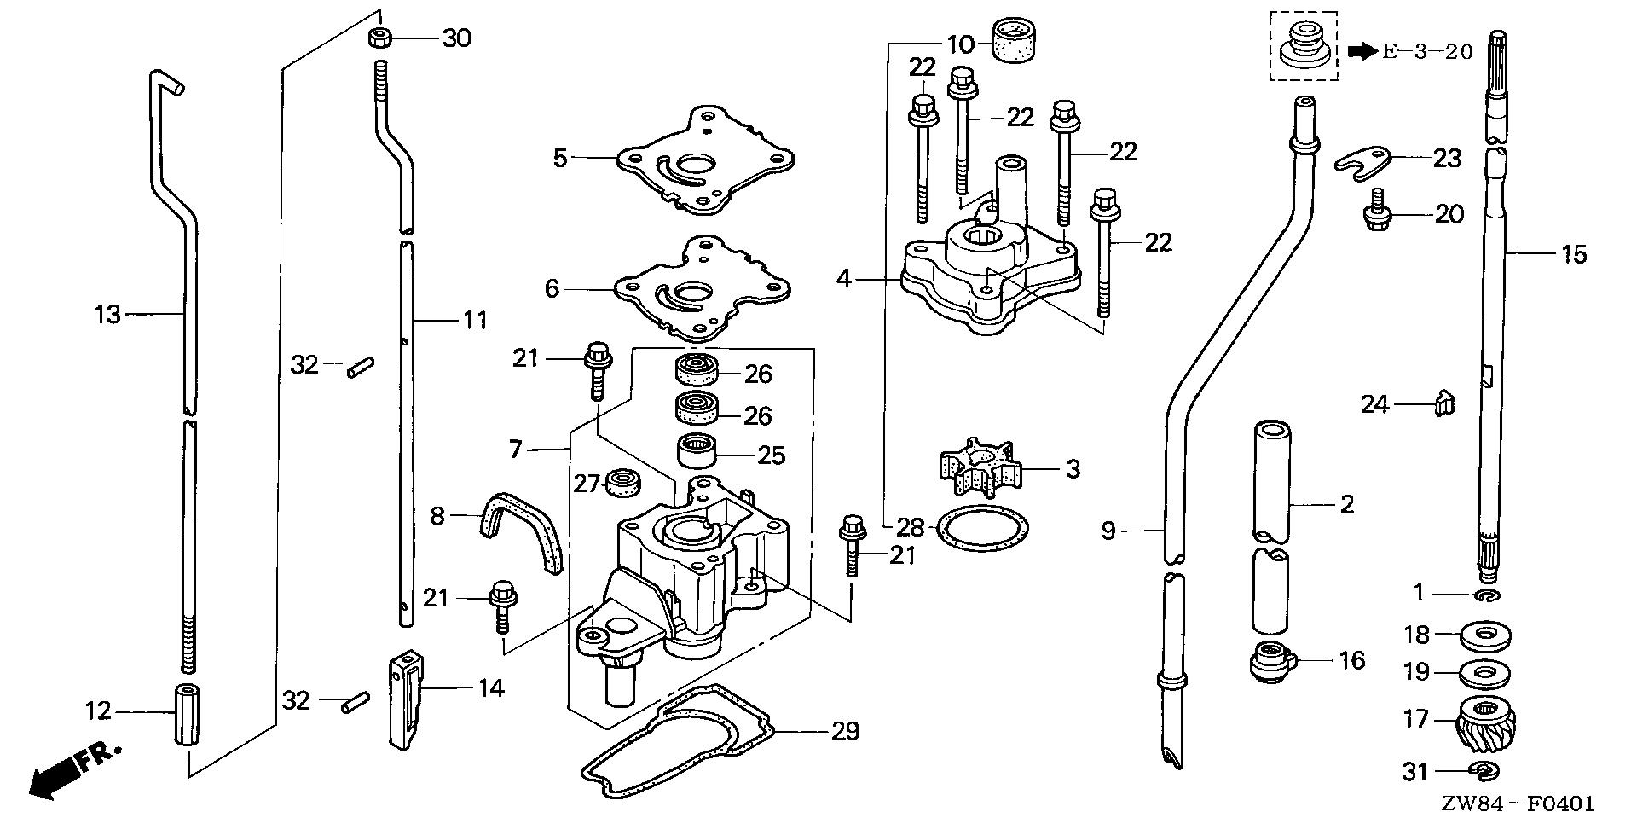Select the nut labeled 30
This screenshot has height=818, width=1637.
coord(380,38)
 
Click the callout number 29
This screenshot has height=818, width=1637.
coord(846,731)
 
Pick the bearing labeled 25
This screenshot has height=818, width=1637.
coord(696,450)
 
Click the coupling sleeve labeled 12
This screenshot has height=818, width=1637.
coord(187,714)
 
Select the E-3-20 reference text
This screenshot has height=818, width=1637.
coord(1426,52)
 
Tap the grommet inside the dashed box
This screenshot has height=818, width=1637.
coord(1303,45)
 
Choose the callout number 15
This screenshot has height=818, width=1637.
coord(1574,253)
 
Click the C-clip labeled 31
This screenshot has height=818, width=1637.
coord(1486,772)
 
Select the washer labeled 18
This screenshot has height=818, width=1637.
coord(1487,635)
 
